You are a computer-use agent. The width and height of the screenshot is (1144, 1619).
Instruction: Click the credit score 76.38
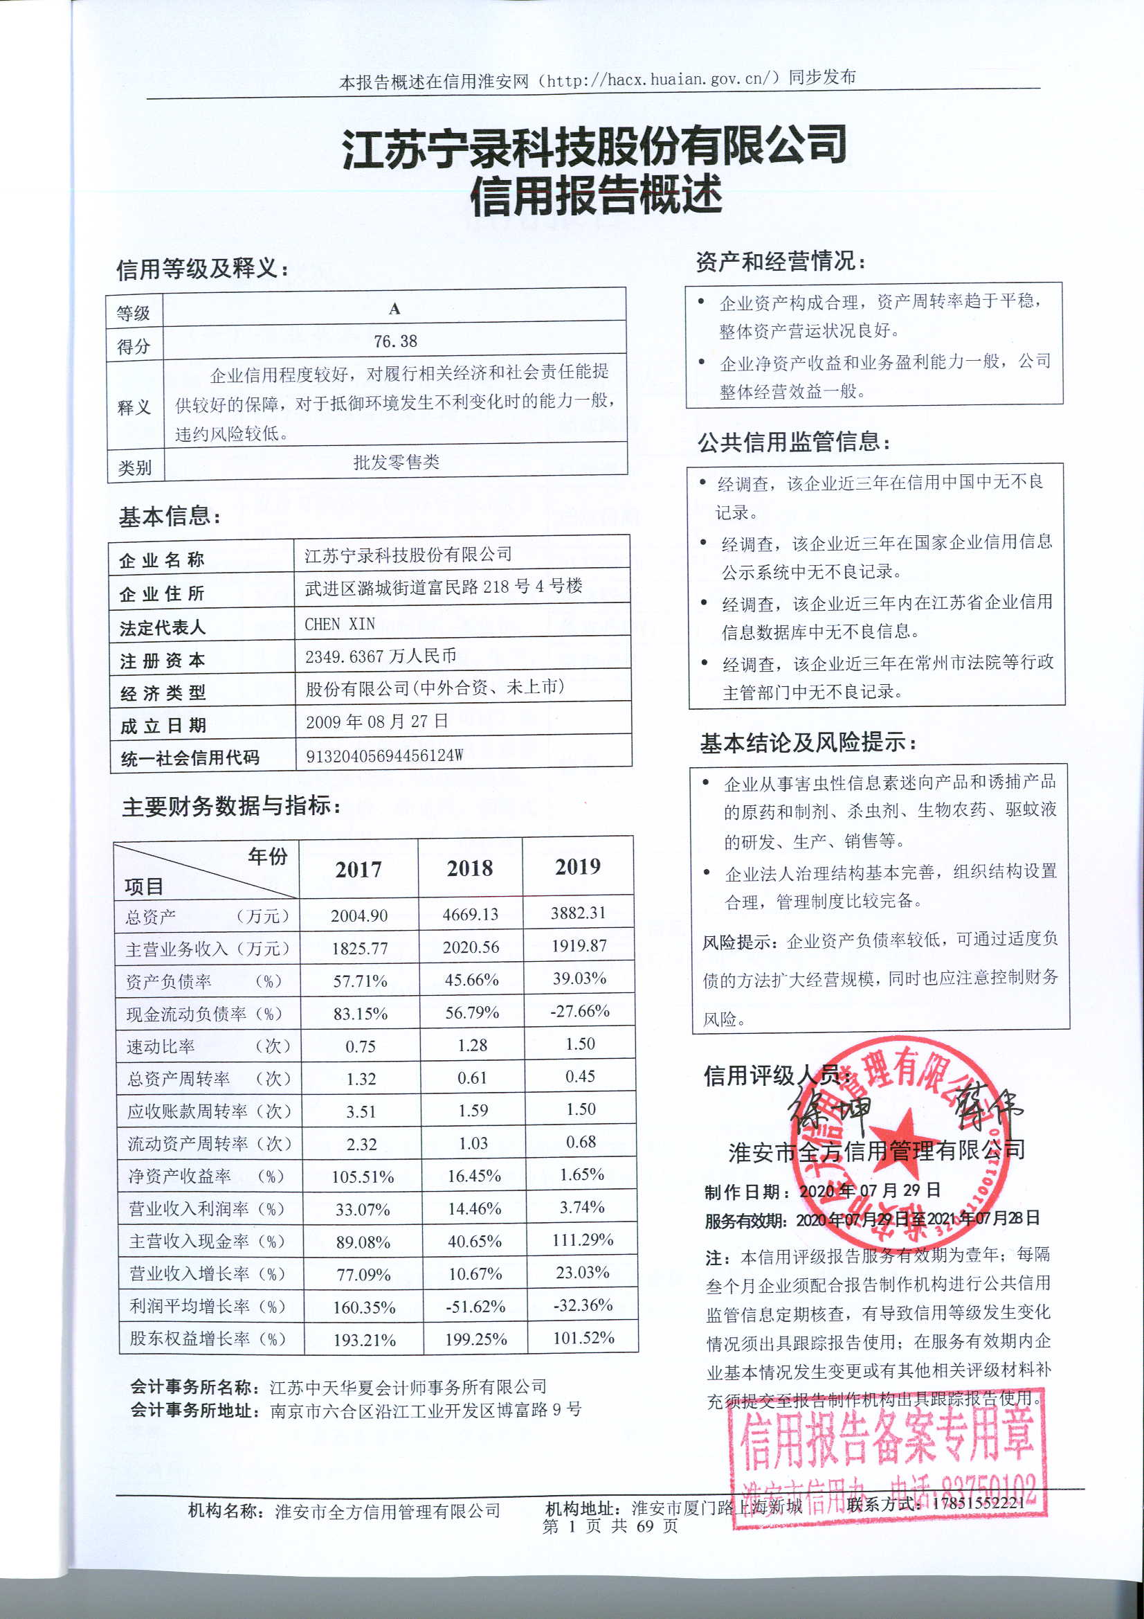tap(395, 342)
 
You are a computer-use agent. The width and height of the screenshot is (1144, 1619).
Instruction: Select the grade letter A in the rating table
tap(394, 309)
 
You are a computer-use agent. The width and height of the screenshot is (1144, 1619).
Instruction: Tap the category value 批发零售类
tap(396, 463)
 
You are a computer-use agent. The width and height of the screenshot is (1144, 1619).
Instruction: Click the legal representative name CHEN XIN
tap(340, 624)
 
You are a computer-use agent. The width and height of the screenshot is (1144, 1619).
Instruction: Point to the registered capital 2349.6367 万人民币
tap(381, 656)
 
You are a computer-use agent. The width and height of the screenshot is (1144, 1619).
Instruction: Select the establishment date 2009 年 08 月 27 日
tap(377, 722)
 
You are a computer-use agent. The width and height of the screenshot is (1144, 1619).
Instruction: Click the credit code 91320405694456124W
tap(384, 756)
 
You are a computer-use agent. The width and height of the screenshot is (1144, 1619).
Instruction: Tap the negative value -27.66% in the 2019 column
tap(579, 1011)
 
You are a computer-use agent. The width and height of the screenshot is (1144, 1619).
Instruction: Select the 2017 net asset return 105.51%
tap(363, 1177)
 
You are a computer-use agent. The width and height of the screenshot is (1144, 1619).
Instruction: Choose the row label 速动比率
tap(161, 1046)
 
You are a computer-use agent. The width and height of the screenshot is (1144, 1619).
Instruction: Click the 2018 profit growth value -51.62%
tap(475, 1307)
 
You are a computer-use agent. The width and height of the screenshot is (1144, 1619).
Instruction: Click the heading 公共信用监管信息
tap(794, 442)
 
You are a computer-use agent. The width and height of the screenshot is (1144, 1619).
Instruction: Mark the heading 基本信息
tap(169, 517)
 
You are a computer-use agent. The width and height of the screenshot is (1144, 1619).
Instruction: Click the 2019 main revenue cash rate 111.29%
tap(582, 1240)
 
